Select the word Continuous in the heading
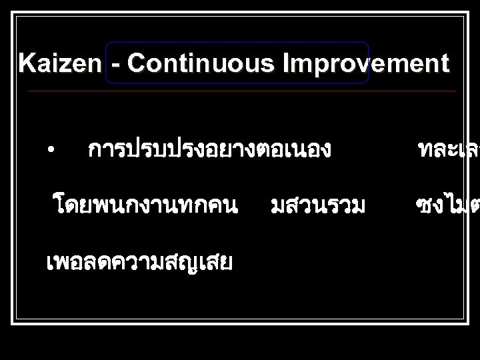tap(203, 65)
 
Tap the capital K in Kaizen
tap(27, 65)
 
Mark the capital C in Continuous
tap(137, 65)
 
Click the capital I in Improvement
tap(287, 65)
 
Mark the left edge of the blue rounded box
tap(105, 63)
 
